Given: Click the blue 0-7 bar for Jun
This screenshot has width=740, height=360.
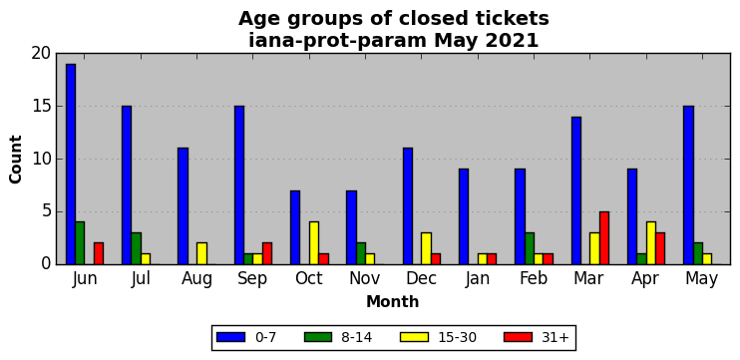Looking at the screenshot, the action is (x=71, y=165).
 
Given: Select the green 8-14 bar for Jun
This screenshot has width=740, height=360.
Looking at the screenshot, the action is (x=80, y=243).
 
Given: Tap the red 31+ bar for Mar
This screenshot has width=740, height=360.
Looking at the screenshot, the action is (x=604, y=237).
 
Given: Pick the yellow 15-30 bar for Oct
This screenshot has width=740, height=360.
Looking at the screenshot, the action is (x=314, y=243).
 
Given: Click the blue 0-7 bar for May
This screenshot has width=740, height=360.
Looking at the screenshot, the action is (x=688, y=185).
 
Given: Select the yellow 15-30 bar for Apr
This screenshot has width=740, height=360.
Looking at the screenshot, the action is (x=651, y=243).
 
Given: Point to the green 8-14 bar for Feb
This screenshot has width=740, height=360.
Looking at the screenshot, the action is (x=530, y=248).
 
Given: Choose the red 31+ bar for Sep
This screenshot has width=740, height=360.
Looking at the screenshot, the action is (x=267, y=254).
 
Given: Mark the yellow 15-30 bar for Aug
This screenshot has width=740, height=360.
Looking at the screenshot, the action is (x=201, y=254).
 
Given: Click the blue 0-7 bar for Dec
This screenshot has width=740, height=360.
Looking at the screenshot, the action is (x=408, y=206).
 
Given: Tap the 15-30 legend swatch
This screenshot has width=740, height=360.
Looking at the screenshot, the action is (x=414, y=337).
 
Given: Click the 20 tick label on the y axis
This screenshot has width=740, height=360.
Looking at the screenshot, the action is (x=41, y=54).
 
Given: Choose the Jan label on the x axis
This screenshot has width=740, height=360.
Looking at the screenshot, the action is (x=477, y=279).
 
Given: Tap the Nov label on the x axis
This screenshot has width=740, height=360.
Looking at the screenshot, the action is (x=364, y=279).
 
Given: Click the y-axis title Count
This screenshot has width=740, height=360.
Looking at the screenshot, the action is (x=16, y=160).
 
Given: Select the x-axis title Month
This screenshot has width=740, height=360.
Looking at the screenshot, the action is (x=393, y=301).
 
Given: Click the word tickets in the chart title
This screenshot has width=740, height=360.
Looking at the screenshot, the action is (x=516, y=19).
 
